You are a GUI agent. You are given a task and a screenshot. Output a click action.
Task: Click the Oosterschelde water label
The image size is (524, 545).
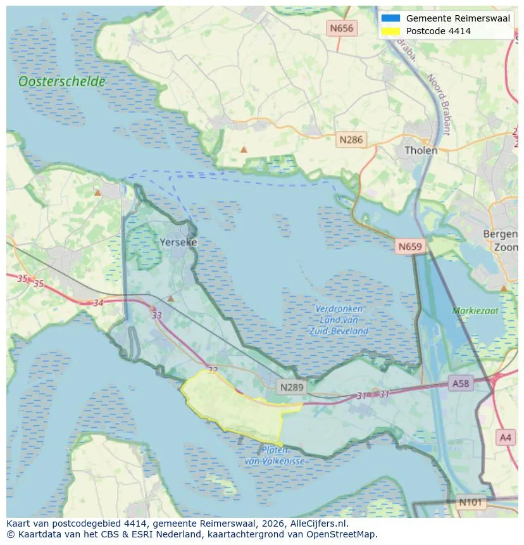pos(61,82)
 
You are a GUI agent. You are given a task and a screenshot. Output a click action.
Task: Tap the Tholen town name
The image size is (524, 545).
pos(421,151)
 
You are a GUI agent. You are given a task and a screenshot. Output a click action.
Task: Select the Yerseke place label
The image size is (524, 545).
pos(178,242)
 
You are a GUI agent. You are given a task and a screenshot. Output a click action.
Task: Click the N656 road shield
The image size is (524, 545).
pos(341,28)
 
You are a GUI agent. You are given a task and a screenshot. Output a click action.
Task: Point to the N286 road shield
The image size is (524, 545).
pos(351,140)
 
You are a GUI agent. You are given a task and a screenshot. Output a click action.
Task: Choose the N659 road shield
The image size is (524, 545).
pos(411,246)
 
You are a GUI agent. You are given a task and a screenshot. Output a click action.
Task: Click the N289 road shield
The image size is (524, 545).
pos(292,385)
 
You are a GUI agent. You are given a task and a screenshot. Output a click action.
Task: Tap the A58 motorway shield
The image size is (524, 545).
pos(460,383)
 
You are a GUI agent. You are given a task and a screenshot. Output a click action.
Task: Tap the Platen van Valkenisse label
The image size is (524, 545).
pos(275,456)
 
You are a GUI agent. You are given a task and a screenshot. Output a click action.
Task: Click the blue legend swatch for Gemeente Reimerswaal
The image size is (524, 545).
pos(390,18)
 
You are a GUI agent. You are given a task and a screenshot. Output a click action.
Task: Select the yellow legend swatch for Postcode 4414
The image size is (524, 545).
pos(390,31)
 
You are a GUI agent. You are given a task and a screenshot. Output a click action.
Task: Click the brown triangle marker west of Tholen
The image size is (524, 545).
pos(244,150)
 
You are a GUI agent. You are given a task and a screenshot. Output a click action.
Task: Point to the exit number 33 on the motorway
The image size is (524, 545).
pos(157,315)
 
